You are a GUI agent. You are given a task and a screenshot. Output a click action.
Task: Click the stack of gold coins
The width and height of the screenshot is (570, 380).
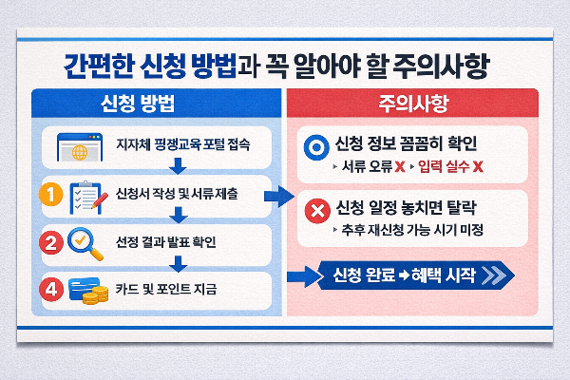click(x=94, y=296)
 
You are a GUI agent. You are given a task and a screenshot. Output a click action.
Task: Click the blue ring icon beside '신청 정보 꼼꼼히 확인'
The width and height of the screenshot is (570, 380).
click(x=314, y=147)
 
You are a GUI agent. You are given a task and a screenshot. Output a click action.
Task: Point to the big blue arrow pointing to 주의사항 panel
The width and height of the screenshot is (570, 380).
click(x=277, y=196)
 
